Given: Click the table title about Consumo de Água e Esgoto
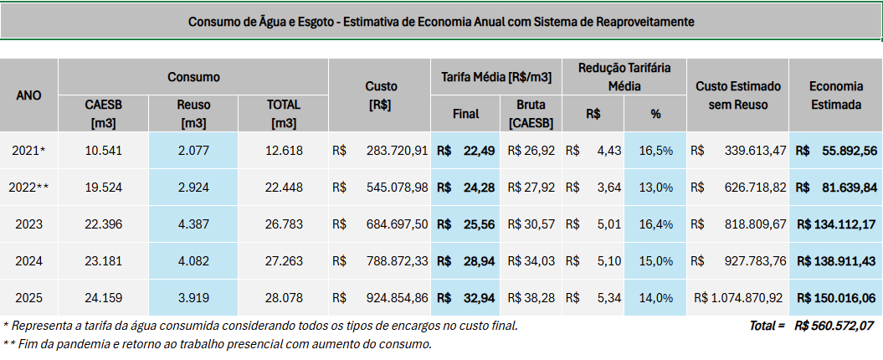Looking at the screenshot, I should point(441,21).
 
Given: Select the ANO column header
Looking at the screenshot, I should point(29,95).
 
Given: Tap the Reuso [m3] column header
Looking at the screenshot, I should point(193,114).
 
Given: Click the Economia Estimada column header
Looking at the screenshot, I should point(834,95).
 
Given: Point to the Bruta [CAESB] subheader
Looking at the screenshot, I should point(529,114).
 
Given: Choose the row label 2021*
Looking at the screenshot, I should point(29,151).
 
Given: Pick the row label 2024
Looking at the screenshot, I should point(29,260).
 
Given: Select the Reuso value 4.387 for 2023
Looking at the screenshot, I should point(193,224).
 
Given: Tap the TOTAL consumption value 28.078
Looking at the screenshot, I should point(282,297).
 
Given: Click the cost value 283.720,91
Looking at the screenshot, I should point(398,151).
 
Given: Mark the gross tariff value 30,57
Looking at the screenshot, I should point(538,224).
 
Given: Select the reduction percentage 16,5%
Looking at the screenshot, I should point(655,151).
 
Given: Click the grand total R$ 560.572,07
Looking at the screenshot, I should point(834,325).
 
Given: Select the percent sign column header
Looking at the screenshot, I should point(655,114).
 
